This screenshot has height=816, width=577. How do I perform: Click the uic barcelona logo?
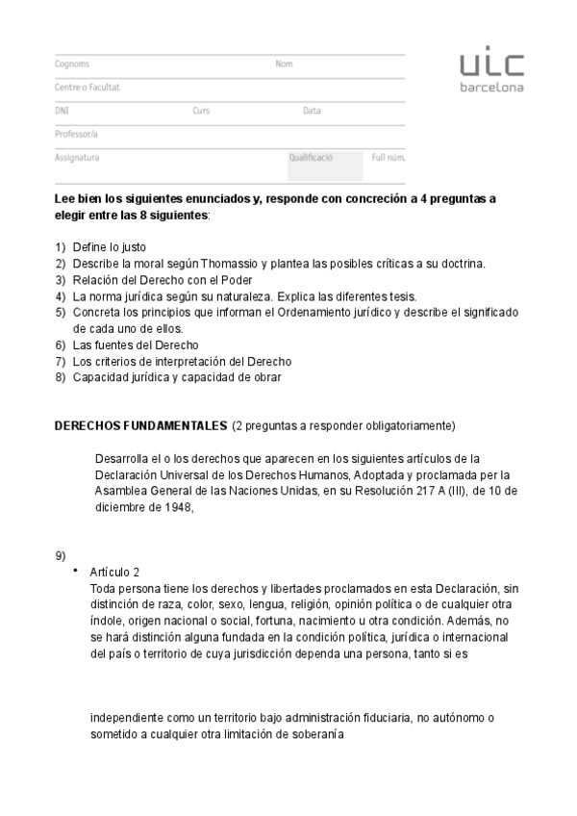point(490,72)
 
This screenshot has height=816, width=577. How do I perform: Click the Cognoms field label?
point(72,64)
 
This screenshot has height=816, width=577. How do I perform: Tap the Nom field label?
point(284,64)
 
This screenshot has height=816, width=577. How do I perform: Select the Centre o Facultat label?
point(88,88)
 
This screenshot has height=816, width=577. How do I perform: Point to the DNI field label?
point(63,111)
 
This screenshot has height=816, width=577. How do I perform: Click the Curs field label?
point(201,111)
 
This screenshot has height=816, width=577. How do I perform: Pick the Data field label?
point(312,111)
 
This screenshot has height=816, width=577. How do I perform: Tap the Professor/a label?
point(77,134)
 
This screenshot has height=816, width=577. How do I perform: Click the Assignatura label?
point(77,157)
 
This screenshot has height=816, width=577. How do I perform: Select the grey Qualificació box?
point(326,164)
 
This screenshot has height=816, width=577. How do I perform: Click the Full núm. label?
point(389,157)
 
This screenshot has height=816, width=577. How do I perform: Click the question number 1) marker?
point(61,247)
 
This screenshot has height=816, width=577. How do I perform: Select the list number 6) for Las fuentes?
point(61,344)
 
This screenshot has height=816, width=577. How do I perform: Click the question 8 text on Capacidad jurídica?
point(177,377)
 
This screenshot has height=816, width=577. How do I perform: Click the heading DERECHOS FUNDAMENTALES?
point(140,425)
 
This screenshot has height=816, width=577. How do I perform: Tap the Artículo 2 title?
point(114,572)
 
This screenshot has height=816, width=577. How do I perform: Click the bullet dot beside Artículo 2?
point(74,571)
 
